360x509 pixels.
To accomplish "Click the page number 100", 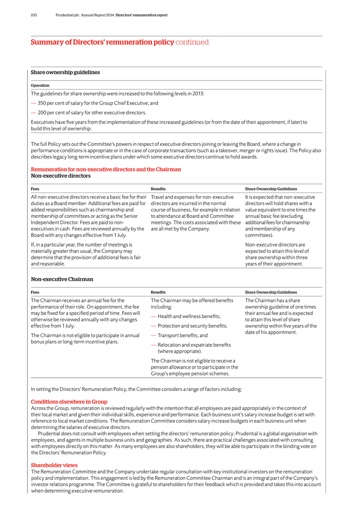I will coord(34,15).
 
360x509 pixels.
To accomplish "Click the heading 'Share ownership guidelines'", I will coord(65,72).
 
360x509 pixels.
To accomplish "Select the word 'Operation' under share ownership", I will coord(40,85).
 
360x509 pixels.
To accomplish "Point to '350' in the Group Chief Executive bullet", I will coord(42,103).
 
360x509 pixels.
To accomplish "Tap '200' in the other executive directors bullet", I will coord(42,112).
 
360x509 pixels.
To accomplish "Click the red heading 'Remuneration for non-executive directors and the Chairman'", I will coord(106,169).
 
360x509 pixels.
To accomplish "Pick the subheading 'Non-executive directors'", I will coord(61,176).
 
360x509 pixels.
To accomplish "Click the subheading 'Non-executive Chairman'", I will coord(62,279).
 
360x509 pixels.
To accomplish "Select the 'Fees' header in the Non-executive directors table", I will coord(35,189).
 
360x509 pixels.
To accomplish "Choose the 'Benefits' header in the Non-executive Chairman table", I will coord(158,292).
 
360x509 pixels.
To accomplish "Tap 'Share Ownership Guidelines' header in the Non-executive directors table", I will coord(270,189).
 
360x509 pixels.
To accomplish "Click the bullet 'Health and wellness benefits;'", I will coord(189,316).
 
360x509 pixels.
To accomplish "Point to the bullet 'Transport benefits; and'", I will coord(182,335).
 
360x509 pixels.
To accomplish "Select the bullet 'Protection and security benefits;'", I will coord(192,326).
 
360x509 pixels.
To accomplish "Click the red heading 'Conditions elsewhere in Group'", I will coord(69,401).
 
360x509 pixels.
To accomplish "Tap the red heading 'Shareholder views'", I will coord(54,465).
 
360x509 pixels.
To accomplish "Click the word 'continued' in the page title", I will coord(192,42).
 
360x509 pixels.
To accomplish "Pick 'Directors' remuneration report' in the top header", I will coord(141,15).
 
